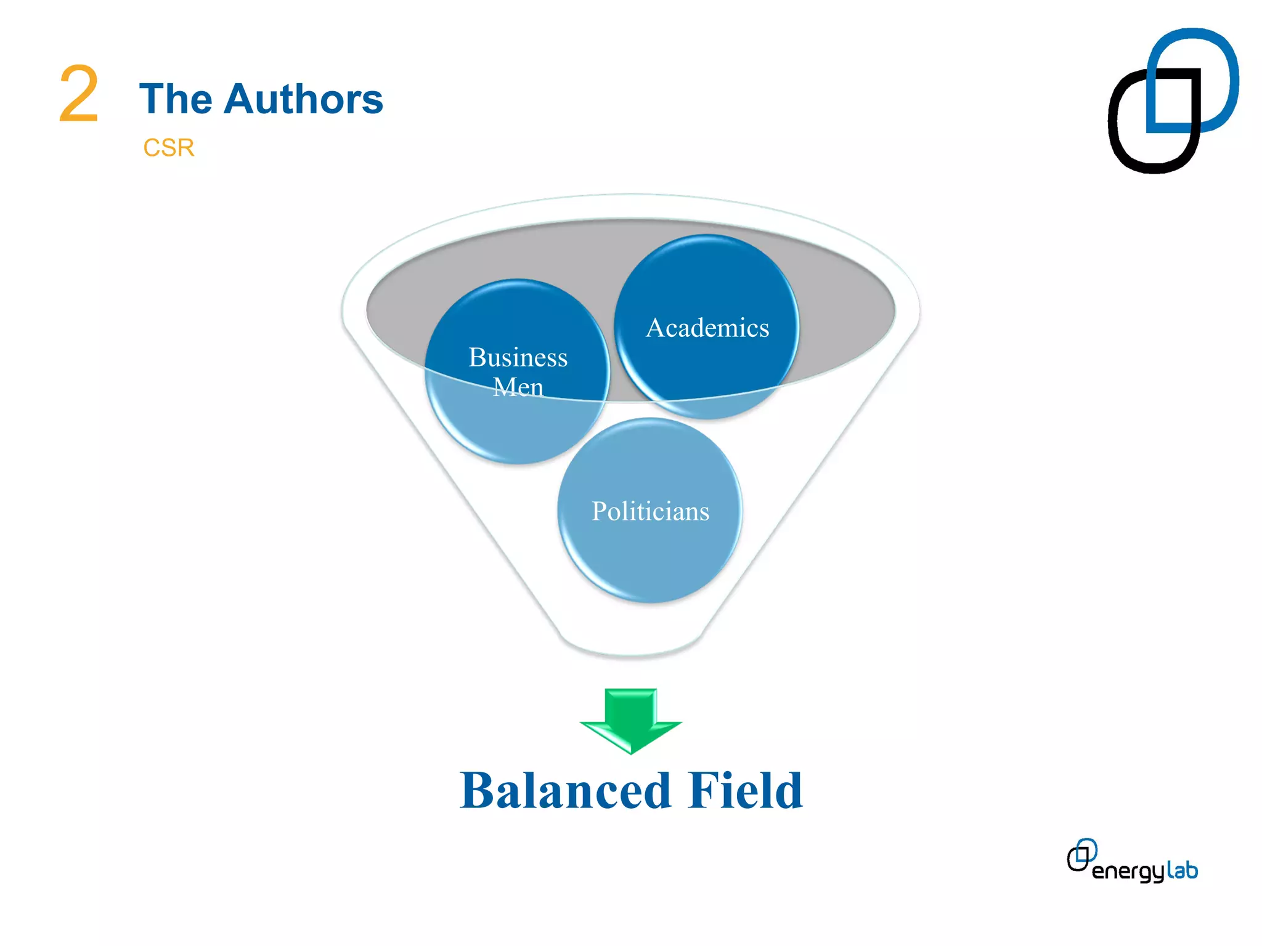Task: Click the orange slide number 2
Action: (x=79, y=94)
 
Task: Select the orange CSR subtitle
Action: (x=168, y=148)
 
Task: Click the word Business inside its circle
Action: (x=518, y=357)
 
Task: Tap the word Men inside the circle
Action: (x=518, y=387)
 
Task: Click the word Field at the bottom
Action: (x=746, y=791)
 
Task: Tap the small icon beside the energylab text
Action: (x=1081, y=855)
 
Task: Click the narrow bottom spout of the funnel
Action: (x=630, y=644)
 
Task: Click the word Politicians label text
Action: (x=649, y=511)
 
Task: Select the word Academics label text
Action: (x=707, y=328)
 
